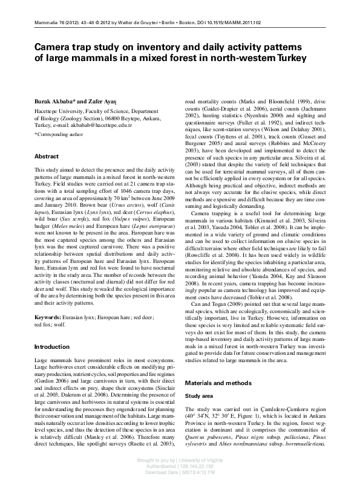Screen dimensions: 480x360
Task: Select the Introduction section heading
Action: coord(52,347)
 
